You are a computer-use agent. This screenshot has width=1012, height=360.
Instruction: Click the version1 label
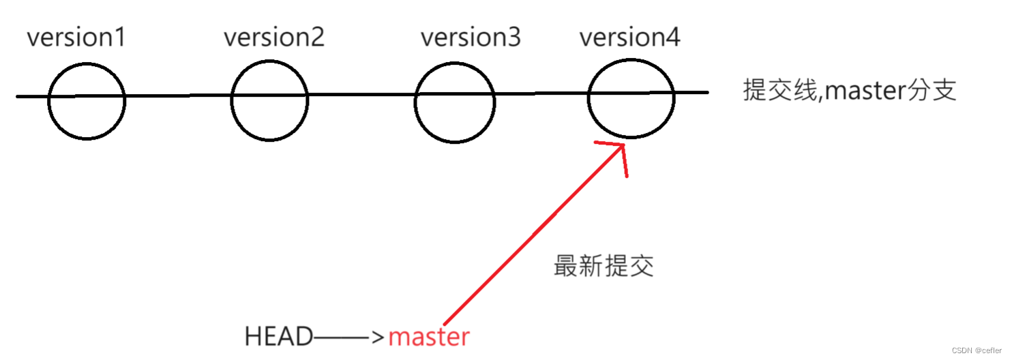(x=76, y=37)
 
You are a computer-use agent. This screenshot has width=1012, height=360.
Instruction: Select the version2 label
(x=274, y=37)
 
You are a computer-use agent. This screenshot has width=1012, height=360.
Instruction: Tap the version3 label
(x=471, y=37)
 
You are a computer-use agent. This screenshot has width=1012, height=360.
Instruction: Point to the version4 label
(x=629, y=37)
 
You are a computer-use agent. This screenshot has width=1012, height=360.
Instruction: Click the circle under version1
(x=87, y=101)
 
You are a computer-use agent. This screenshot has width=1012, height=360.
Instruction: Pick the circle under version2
(x=269, y=100)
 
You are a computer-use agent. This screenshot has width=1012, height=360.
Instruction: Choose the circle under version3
(x=454, y=104)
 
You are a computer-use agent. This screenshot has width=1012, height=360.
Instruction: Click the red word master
(x=429, y=337)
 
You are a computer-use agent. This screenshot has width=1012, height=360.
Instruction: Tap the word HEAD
(x=279, y=337)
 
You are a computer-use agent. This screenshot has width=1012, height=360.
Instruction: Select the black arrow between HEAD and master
(x=350, y=337)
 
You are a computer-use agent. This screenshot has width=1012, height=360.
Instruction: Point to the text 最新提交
(x=604, y=266)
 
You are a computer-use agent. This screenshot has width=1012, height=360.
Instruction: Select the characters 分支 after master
(x=934, y=91)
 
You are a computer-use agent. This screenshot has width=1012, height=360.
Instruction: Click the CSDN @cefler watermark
(x=976, y=350)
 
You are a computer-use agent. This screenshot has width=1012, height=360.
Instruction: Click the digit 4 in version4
(x=672, y=37)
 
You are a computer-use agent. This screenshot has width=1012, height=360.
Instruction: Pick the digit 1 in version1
(x=120, y=37)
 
